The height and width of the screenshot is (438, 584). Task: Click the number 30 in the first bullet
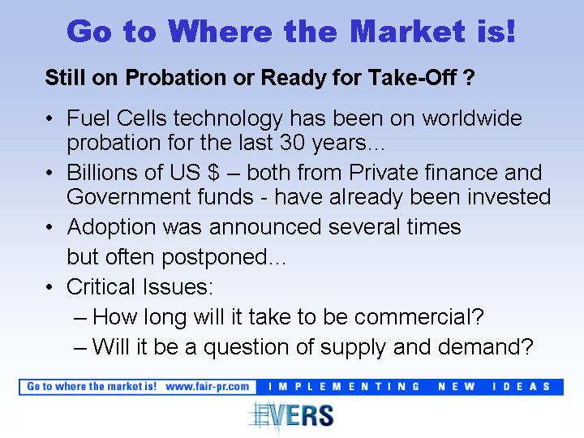[x=292, y=143]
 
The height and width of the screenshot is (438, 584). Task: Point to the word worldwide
[x=472, y=118]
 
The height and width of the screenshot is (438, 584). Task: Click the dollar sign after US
[x=213, y=173]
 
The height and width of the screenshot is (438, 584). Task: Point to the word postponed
[x=214, y=258]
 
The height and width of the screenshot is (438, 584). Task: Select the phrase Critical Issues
[x=140, y=287]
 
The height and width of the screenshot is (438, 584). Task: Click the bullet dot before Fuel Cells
[x=49, y=118]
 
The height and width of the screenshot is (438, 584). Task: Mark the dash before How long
[x=80, y=319]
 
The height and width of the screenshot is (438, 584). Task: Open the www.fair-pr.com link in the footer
[x=207, y=387]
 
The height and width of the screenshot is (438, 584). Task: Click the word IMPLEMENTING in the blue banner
[x=344, y=387]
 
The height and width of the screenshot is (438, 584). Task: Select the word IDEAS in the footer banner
[x=521, y=387]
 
